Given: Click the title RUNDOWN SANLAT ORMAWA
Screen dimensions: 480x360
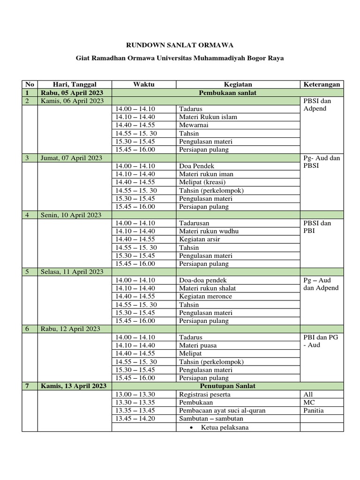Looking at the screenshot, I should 180,45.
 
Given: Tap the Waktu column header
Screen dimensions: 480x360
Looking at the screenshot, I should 143,84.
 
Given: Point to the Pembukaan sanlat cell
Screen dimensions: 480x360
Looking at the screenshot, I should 228,93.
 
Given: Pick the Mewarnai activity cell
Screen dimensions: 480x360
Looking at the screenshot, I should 194,125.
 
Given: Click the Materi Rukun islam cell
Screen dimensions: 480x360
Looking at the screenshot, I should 208,117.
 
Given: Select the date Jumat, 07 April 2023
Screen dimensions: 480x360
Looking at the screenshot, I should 72,158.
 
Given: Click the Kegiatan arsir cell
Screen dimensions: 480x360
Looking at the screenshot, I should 200,240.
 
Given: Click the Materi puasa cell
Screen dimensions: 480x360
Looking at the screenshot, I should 198,345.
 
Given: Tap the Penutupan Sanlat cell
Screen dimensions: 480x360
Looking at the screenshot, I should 228,386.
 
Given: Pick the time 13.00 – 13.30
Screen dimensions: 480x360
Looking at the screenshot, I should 135,394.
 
